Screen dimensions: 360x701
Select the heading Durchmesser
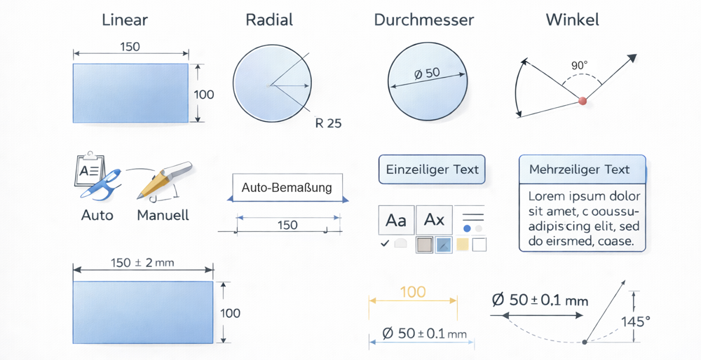pos(424,20)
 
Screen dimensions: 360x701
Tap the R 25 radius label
pos(328,124)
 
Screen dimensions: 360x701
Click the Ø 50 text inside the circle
pos(427,73)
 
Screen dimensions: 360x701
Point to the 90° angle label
pos(580,65)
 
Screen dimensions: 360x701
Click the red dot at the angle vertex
pos(582,102)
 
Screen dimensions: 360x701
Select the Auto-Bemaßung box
pos(287,188)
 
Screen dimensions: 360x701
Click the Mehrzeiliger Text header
pos(580,169)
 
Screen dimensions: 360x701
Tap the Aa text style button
pos(396,220)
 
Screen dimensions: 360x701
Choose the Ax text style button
pos(435,220)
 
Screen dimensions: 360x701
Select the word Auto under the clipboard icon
pos(97,215)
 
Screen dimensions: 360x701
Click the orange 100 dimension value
pos(412,291)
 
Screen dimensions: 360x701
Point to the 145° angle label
pos(636,321)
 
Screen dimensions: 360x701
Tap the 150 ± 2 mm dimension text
pos(142,263)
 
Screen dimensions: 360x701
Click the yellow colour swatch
pos(462,244)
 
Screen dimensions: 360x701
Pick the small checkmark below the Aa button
pos(384,244)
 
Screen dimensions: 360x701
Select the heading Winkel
pos(572,20)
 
